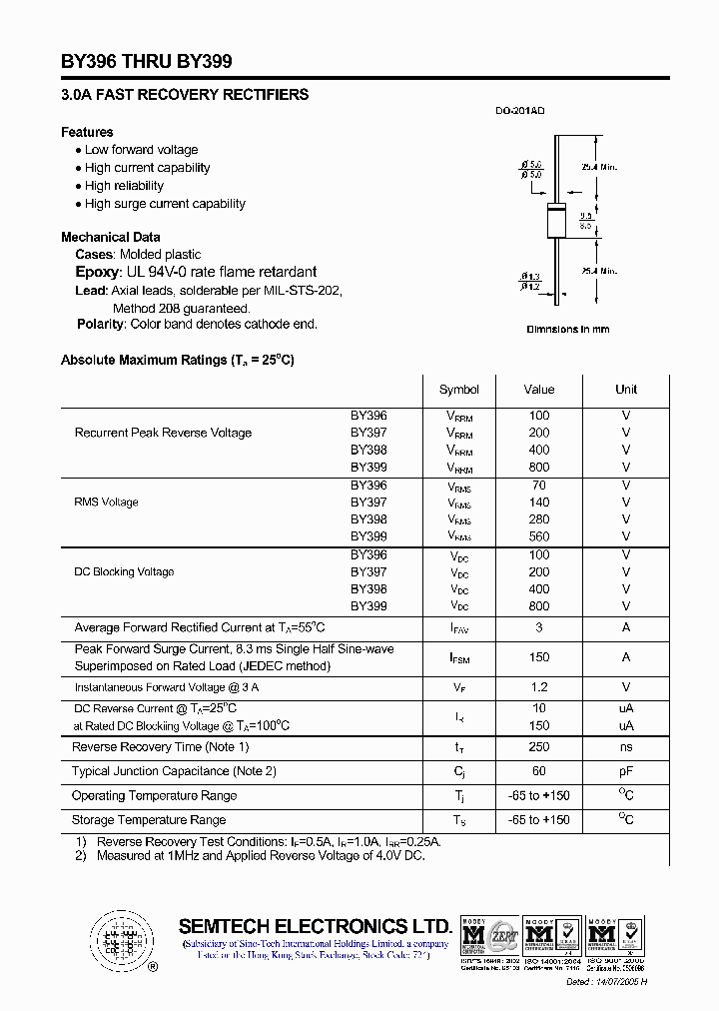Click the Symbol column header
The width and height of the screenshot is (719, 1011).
coord(459,390)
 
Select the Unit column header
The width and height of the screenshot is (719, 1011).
coord(626,390)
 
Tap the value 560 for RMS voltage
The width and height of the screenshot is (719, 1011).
coord(539,536)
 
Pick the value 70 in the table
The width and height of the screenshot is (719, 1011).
coord(539,486)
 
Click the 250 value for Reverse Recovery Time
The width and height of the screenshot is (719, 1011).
coord(539,747)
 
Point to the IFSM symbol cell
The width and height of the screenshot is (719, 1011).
coord(459,658)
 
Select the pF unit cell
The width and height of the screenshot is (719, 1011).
coord(626,771)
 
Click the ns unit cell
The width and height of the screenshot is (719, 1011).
coord(626,747)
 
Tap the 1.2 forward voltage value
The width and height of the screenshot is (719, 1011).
coord(539,687)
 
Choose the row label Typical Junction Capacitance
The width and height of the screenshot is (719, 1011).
coord(174,771)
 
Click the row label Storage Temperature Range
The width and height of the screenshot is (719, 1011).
coord(149,820)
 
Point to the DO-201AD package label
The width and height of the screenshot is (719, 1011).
coord(520,112)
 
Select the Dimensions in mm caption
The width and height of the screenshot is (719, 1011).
coord(567,330)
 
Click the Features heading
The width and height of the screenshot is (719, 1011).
coord(87,132)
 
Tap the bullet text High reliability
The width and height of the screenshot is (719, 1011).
coord(124,186)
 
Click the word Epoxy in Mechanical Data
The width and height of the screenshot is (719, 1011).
coord(97,272)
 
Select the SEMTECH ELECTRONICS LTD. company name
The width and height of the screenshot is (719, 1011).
coord(315,926)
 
